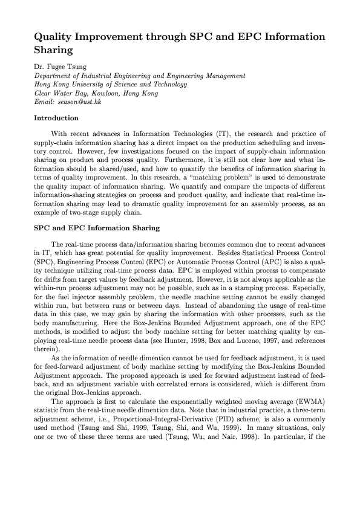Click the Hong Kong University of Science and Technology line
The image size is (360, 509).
click(x=111, y=85)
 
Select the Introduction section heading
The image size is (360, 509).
click(x=56, y=118)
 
